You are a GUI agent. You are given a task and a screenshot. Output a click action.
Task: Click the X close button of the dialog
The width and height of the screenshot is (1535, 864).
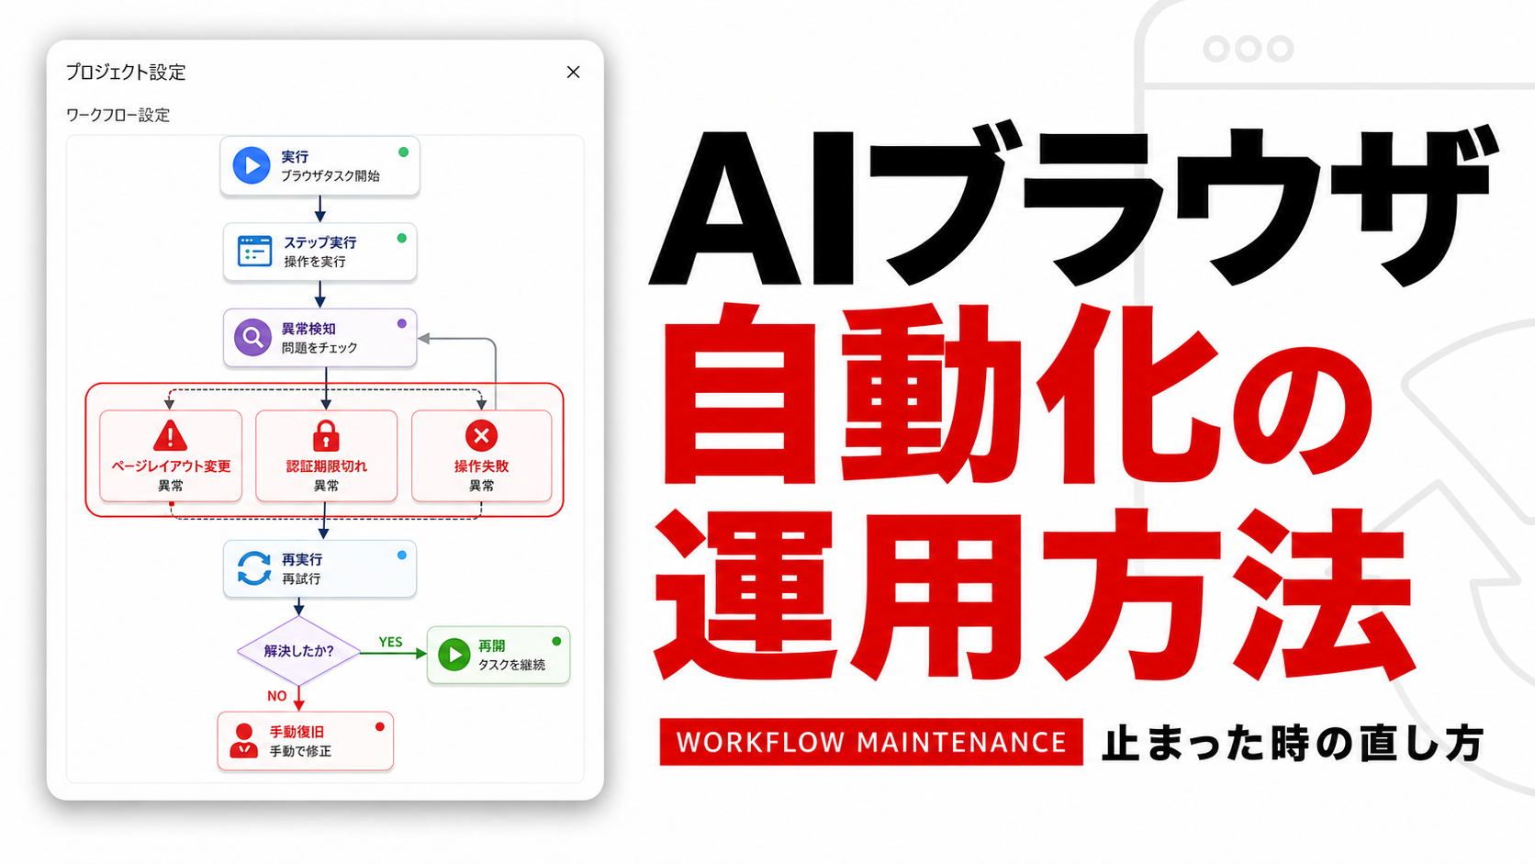coord(573,72)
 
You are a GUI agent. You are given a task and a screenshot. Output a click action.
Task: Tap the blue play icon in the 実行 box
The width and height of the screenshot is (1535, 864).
coord(252,165)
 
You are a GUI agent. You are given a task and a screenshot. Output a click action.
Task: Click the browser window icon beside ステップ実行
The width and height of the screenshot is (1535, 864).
coord(254,251)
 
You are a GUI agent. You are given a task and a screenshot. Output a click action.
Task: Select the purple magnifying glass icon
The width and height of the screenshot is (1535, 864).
coord(252,337)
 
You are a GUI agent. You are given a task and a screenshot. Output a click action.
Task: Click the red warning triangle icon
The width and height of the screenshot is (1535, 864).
coord(170,435)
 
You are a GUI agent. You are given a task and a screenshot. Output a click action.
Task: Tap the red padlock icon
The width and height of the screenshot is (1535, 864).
coord(326,435)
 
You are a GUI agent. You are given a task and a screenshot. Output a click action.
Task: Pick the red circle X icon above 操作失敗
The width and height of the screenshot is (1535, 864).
coord(481,435)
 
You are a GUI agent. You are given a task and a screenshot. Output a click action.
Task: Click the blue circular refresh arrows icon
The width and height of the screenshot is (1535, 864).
coord(254,568)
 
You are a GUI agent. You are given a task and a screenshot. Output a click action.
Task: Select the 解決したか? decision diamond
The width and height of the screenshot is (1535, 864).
coord(298,650)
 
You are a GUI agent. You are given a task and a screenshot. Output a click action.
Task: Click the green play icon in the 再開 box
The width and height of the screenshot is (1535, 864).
coord(454,655)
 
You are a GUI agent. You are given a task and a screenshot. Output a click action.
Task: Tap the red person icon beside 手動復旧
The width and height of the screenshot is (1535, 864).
coord(243,741)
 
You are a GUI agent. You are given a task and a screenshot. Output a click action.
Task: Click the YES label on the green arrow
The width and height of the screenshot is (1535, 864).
coord(390,642)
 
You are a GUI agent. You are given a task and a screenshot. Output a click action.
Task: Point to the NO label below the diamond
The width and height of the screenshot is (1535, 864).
coord(277,696)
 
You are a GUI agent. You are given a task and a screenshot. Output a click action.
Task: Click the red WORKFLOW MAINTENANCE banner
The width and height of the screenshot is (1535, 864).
coord(871,742)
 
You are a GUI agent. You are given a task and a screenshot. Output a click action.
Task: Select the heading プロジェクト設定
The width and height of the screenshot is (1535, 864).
coord(126,72)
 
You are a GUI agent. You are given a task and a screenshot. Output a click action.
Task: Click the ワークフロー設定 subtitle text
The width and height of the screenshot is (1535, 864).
coord(118,115)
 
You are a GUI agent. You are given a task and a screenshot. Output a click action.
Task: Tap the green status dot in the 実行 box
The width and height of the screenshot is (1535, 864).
coord(404,152)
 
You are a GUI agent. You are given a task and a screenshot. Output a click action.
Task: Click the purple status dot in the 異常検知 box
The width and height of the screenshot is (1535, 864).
coord(402,323)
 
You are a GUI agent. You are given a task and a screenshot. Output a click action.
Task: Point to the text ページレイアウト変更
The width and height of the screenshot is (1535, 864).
coord(171,466)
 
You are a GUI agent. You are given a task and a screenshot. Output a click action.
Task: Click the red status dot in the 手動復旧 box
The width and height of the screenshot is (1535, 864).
coord(380,727)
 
